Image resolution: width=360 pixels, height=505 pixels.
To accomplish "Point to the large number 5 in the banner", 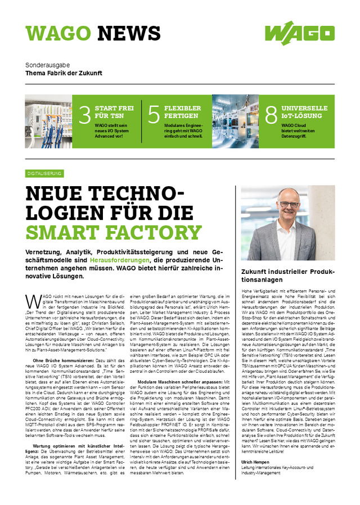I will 154,115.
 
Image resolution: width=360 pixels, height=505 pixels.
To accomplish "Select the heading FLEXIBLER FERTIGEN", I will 182,112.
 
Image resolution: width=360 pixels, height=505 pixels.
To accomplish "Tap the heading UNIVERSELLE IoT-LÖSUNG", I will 304,112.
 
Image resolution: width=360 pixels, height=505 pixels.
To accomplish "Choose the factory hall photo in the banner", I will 235,121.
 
